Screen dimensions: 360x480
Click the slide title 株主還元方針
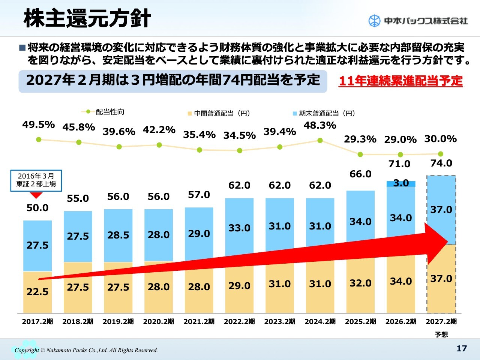tap(87, 18)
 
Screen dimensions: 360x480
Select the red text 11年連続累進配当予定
tap(400, 81)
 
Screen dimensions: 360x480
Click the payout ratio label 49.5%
tap(39, 124)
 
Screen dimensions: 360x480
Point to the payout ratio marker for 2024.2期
tap(320, 140)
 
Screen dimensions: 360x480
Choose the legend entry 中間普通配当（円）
tap(219, 113)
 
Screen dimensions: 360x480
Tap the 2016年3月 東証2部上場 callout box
tap(36, 180)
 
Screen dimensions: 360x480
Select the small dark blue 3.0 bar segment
tap(401, 183)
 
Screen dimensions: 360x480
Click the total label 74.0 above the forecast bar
tap(441, 163)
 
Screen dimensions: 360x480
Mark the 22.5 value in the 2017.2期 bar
tap(37, 292)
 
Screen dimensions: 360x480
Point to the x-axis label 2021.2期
tap(199, 321)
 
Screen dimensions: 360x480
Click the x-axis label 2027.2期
tap(441, 321)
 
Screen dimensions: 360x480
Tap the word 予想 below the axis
tap(441, 334)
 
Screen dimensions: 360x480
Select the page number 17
tap(462, 348)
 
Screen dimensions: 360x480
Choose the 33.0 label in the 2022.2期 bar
tap(239, 228)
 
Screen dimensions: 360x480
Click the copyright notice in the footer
tap(86, 350)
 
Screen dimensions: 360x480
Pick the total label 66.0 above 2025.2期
tap(360, 174)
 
